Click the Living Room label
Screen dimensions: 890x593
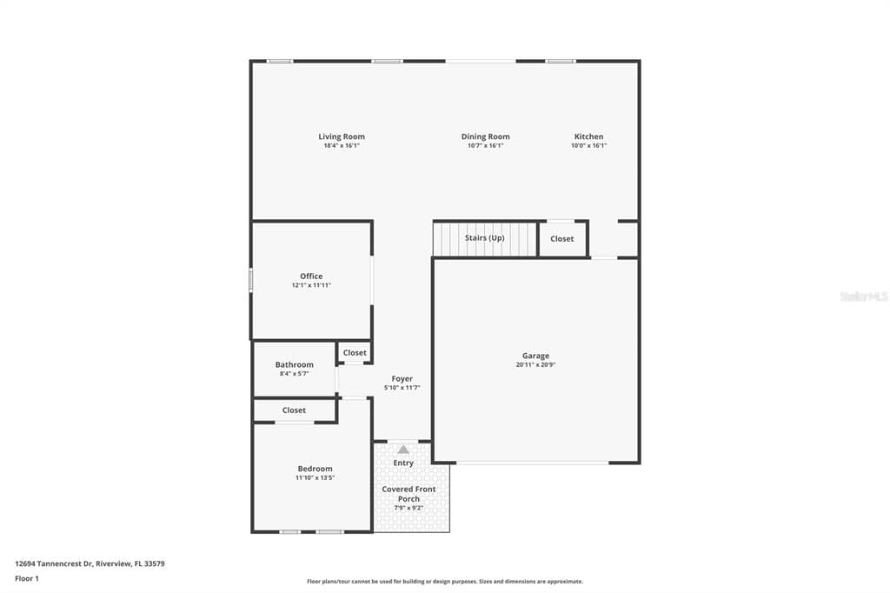pos(341,137)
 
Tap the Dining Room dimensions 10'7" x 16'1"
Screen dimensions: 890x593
pos(485,145)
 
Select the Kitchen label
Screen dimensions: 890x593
pos(588,137)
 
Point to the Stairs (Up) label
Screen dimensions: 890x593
pos(484,238)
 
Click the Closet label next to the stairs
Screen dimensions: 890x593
pos(562,238)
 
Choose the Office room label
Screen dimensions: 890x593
pos(311,276)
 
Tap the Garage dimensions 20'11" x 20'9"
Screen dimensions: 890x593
pos(535,364)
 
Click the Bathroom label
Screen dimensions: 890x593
pos(294,364)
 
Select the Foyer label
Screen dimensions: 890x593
pos(402,379)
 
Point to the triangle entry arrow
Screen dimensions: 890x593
pos(403,450)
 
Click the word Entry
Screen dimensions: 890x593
pos(403,463)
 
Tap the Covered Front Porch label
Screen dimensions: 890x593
pos(408,494)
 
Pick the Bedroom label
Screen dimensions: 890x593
pos(315,469)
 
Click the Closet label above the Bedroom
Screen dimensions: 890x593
pos(294,410)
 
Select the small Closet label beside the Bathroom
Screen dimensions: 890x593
pos(355,353)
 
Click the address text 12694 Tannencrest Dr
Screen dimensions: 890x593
pos(53,564)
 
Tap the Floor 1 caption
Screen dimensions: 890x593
pos(27,579)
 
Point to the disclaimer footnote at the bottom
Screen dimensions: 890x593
pos(445,582)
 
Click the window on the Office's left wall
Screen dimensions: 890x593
pos(251,281)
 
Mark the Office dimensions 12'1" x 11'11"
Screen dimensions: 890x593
pos(311,285)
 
